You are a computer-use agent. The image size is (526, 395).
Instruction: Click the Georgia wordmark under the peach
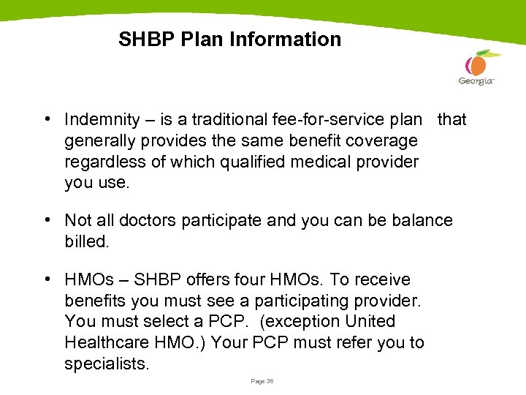tap(476, 81)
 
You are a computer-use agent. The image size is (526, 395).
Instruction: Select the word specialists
tap(107, 364)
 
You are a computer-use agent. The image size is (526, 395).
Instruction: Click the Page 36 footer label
tap(262, 381)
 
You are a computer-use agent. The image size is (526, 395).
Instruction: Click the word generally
tap(102, 140)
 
